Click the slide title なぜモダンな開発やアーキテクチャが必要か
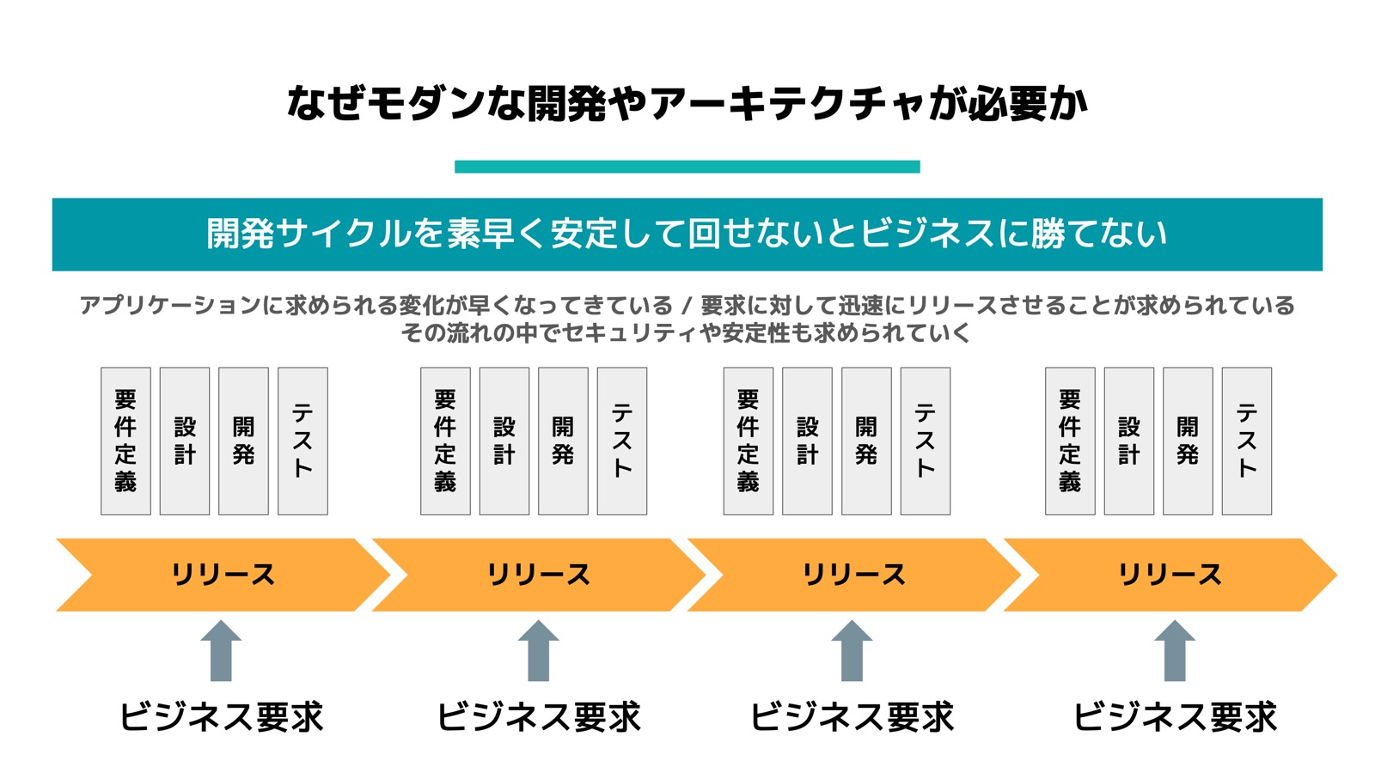pos(687,104)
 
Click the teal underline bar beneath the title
pos(687,167)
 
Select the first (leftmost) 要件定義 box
pos(125,441)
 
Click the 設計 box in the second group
pos(504,441)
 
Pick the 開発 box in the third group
pos(866,441)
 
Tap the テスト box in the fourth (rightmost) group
pos(1246,441)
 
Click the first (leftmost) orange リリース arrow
pos(223,575)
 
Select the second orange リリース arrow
pos(539,575)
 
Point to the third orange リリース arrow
pos(854,575)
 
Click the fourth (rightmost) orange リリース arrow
pos(1170,575)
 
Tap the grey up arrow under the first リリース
pos(221,651)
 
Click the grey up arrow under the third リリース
pos(852,651)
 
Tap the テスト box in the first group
pos(302,441)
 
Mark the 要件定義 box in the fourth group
pos(1070,441)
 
